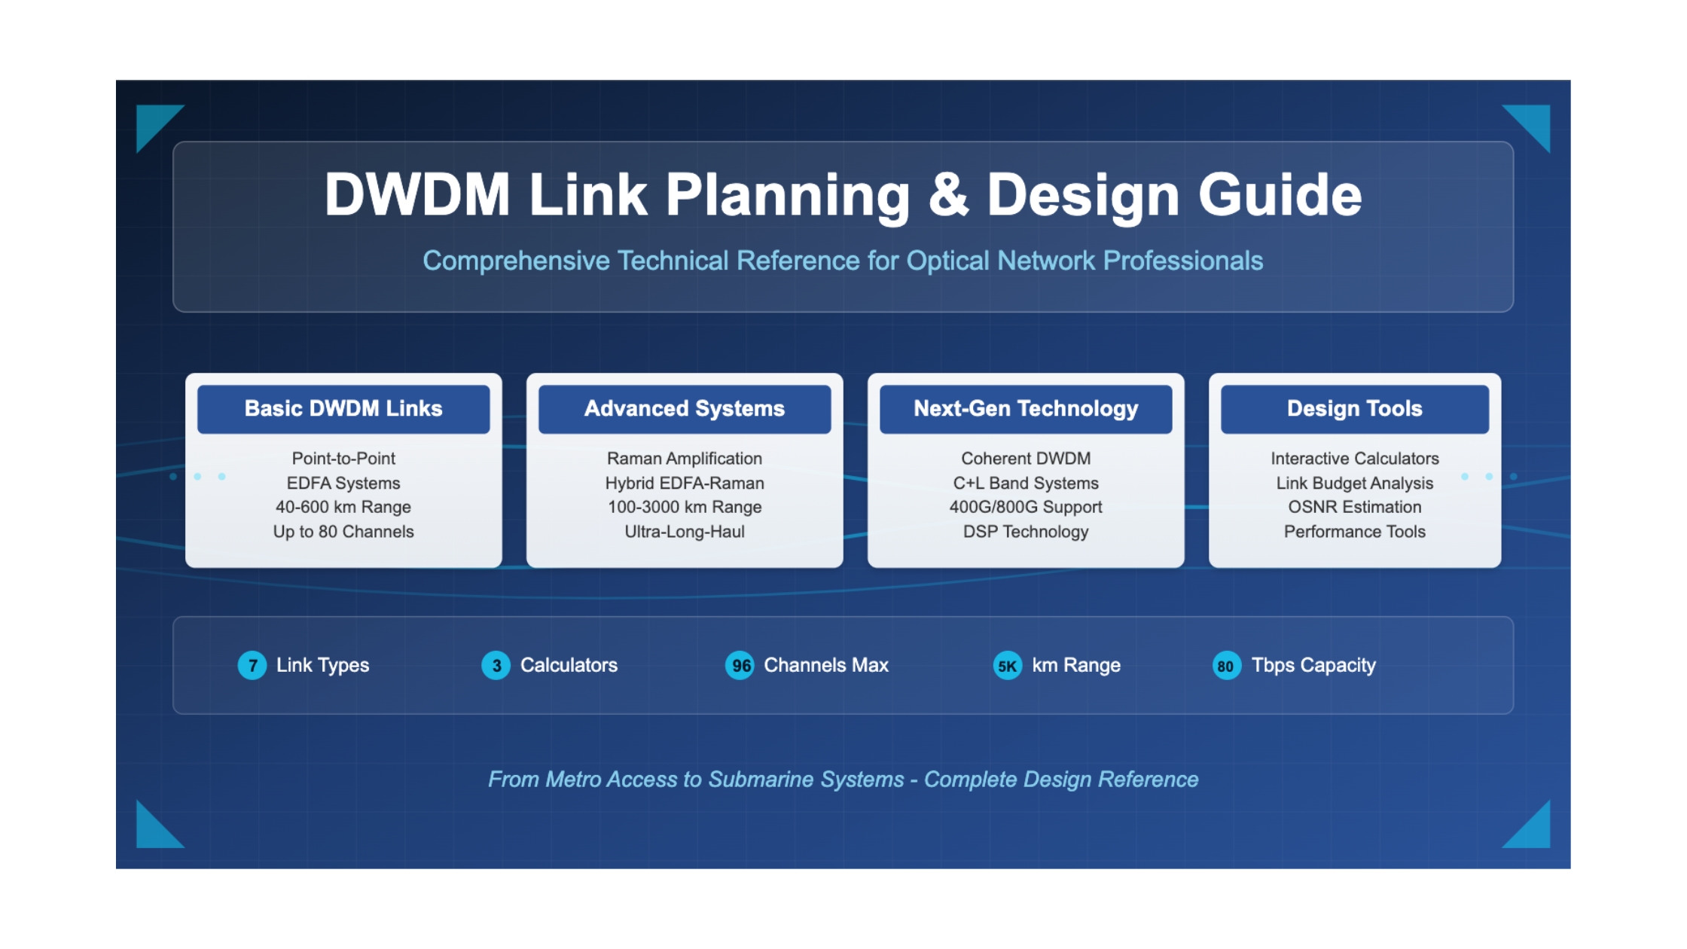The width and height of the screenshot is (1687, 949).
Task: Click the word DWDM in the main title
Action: (417, 195)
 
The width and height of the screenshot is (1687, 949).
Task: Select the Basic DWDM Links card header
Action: (343, 409)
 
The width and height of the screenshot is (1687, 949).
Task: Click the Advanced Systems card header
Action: (685, 409)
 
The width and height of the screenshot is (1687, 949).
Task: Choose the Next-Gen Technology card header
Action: (1026, 409)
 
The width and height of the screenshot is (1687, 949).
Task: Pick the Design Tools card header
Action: (1355, 409)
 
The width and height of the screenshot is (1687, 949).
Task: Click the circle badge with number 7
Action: (252, 666)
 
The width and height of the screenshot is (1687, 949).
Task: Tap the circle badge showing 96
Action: (740, 666)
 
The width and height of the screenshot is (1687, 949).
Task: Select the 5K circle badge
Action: (1008, 666)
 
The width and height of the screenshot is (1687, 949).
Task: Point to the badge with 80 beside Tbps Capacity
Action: (1227, 666)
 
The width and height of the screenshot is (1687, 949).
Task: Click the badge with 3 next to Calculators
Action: (496, 666)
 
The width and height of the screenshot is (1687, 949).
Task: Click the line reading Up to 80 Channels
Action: (343, 532)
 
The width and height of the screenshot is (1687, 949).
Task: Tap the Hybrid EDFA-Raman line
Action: (685, 484)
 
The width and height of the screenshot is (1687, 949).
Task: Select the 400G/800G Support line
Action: (1026, 508)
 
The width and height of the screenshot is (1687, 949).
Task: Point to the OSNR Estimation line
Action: (1355, 508)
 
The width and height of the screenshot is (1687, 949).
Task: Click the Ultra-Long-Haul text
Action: (685, 532)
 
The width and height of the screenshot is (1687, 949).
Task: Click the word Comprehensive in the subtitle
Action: (516, 261)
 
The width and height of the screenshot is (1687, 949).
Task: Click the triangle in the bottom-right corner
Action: (1533, 830)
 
